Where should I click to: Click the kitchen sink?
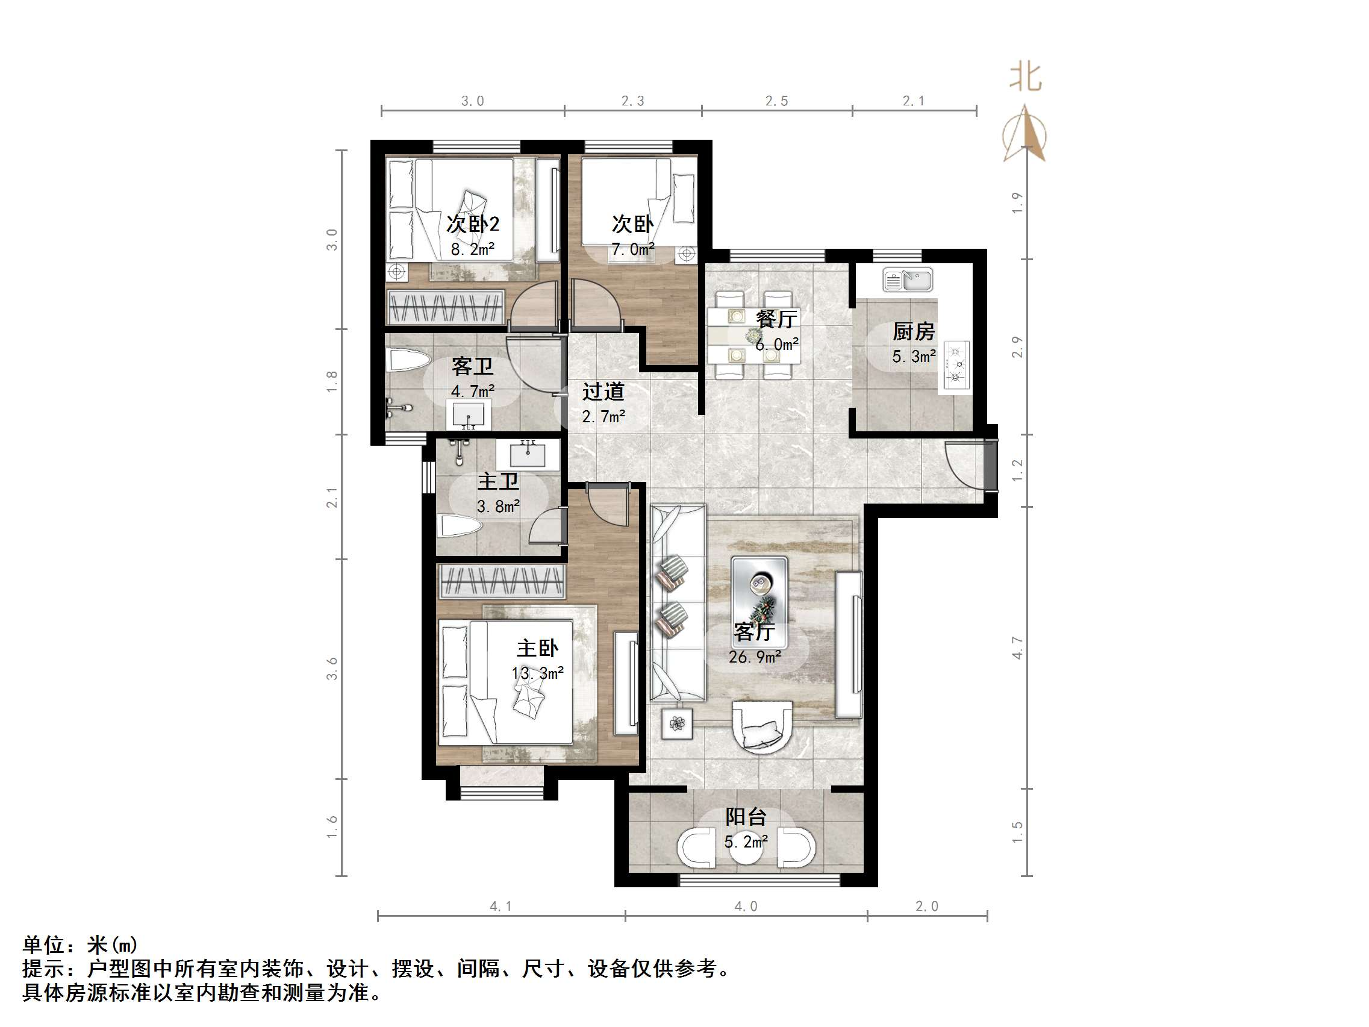907,281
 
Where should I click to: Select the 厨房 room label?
913,332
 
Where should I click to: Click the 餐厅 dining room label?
776,319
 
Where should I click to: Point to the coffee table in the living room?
759,590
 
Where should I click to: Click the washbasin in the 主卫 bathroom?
528,454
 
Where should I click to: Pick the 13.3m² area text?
537,673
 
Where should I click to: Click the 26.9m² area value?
755,657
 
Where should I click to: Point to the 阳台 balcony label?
746,817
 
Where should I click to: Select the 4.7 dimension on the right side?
1017,648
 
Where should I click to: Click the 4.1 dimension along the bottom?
501,907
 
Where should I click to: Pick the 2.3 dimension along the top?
632,101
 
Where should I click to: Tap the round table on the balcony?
746,849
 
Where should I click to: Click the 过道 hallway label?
603,392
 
